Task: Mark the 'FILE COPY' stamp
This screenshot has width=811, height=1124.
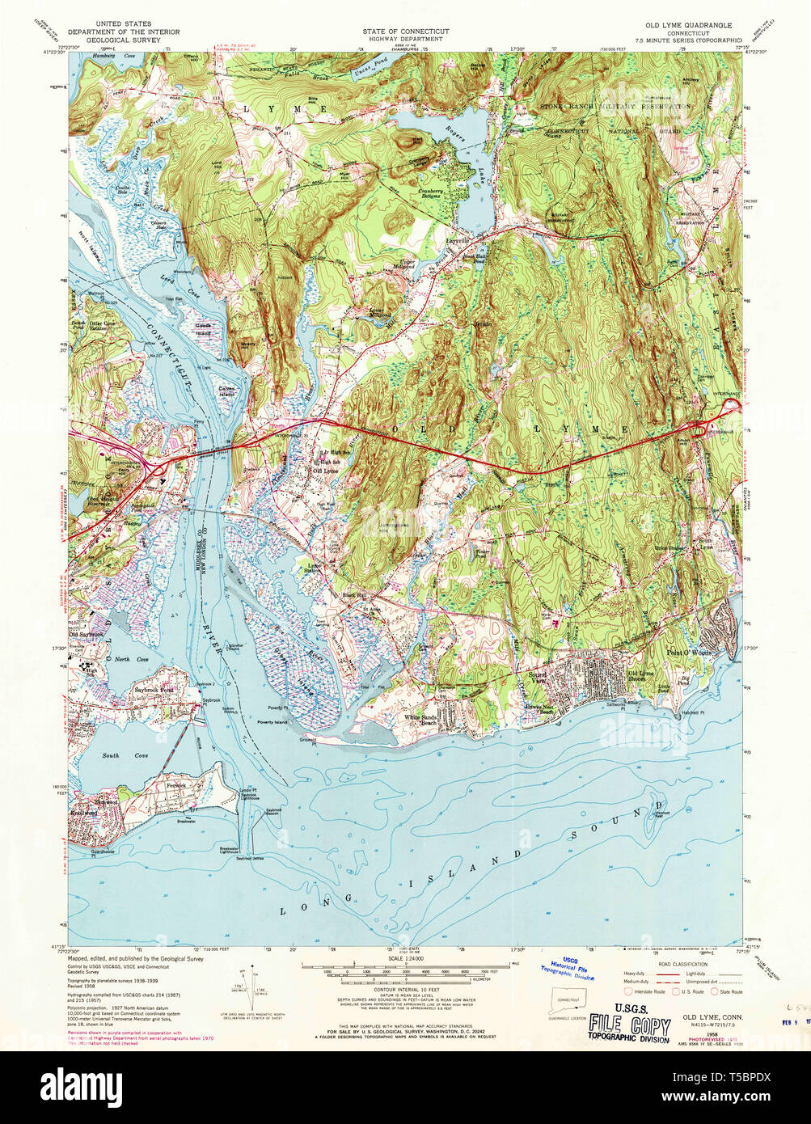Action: tap(629, 1027)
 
